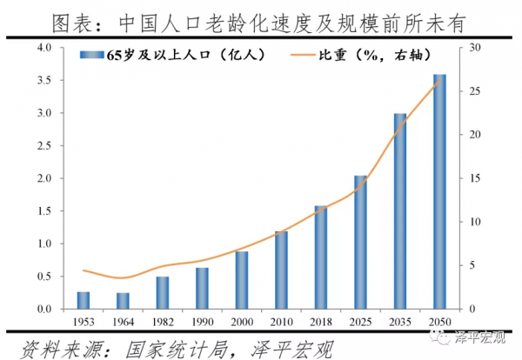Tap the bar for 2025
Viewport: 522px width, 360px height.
(x=360, y=243)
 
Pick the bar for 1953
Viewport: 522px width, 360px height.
(x=84, y=300)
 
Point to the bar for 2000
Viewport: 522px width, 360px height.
(x=242, y=280)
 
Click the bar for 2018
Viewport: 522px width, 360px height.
(x=320, y=257)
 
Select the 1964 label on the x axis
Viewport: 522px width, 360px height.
(x=123, y=322)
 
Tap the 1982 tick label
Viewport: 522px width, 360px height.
(x=162, y=322)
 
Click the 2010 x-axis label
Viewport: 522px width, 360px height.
(x=281, y=322)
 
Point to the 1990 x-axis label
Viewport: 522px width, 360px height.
(x=202, y=322)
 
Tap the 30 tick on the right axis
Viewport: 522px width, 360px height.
(x=474, y=47)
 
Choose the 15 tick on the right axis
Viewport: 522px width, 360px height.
(x=474, y=178)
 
